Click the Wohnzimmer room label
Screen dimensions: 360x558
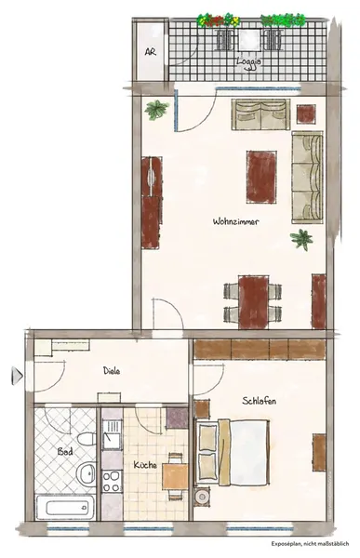[x=235, y=221]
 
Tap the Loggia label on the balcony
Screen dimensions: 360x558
[x=249, y=61]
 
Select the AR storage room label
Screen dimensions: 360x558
[x=151, y=51]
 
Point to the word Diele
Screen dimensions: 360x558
[x=112, y=370]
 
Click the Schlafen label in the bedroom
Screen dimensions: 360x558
[x=260, y=401]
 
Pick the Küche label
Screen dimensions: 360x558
[x=145, y=464]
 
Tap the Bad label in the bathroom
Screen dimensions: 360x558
[x=65, y=452]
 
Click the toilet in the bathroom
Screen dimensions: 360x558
[x=87, y=439]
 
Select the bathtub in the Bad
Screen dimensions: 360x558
[x=65, y=508]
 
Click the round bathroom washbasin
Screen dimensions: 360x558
[x=87, y=472]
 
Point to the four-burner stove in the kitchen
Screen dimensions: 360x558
[x=113, y=481]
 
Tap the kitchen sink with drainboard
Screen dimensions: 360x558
[x=113, y=433]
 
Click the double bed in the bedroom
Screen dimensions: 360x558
[x=232, y=452]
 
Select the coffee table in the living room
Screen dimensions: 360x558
[x=261, y=177]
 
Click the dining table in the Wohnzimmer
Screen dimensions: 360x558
[x=253, y=301]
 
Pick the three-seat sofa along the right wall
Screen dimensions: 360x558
[x=308, y=178]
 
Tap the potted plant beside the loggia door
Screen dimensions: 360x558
[x=156, y=109]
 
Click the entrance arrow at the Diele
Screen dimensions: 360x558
[x=17, y=375]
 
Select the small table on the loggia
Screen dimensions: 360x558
[x=249, y=39]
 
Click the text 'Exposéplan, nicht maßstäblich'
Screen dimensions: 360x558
[x=310, y=544]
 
